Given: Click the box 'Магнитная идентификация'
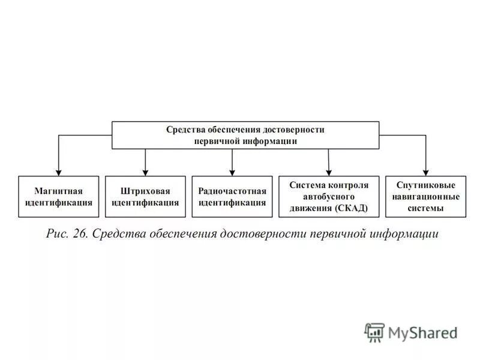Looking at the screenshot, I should (x=58, y=196).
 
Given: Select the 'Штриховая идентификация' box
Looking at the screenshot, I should (x=145, y=196).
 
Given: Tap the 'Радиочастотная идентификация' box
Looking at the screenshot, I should (x=232, y=196).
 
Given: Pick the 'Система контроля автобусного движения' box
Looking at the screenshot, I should (x=328, y=196).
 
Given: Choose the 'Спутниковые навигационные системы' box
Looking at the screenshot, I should (x=425, y=196).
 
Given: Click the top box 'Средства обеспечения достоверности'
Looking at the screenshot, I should (x=245, y=135).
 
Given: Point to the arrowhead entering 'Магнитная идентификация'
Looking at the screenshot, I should (x=58, y=172).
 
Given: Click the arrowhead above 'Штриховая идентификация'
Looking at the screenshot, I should (x=145, y=172).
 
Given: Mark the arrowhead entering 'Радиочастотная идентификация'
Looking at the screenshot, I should (x=232, y=172).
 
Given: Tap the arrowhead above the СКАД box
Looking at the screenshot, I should (x=329, y=172).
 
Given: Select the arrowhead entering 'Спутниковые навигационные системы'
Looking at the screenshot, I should (x=425, y=172).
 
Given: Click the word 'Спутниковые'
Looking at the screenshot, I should (x=425, y=185).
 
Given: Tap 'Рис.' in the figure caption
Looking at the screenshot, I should (x=58, y=233).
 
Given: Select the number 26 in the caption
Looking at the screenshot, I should (x=81, y=233).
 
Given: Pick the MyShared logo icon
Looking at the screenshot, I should (x=374, y=332).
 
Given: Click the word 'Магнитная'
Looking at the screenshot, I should (x=58, y=191).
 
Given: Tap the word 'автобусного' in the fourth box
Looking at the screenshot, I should (x=328, y=196).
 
